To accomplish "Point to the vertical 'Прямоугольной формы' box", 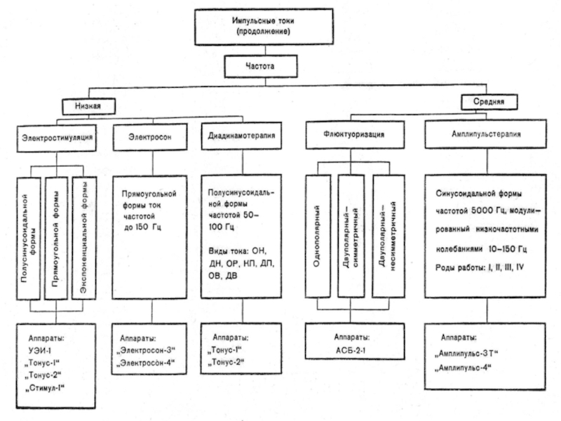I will (x=58, y=239).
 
